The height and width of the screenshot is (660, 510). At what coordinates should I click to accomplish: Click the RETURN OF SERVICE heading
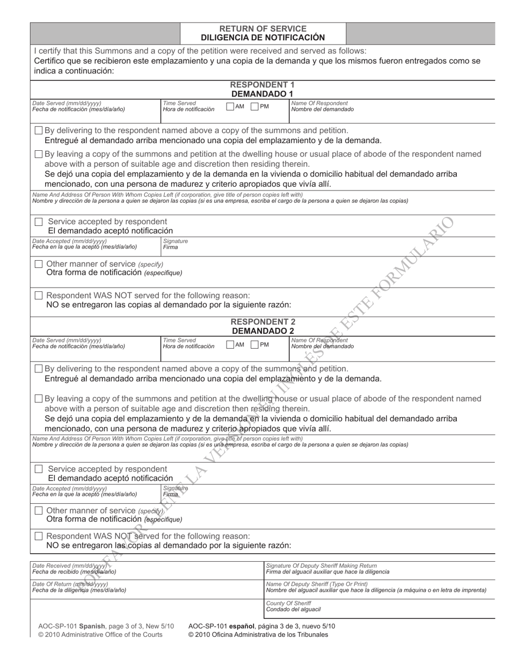coord(263,28)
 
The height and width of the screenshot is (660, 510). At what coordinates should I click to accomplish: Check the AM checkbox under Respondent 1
coord(230,106)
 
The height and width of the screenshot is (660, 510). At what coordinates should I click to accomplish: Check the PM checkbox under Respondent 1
coord(255,106)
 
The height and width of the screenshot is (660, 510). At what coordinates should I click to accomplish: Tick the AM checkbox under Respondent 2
coord(230,344)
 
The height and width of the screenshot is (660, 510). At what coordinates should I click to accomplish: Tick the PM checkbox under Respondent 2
coord(255,344)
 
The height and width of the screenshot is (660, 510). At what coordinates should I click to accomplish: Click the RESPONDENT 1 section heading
coord(263,85)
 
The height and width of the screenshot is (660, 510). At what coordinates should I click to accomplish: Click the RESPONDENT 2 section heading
coord(263,322)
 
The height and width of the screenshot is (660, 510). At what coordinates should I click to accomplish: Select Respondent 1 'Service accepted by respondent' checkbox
coord(39,222)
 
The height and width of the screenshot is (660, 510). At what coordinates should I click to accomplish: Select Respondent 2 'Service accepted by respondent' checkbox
coord(39,469)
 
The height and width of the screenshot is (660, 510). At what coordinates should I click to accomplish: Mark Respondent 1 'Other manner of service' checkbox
coord(39,264)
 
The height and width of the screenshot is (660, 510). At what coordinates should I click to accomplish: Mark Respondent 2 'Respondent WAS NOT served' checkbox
coord(39,536)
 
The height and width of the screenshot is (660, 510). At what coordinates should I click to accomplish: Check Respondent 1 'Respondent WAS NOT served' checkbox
coord(39,296)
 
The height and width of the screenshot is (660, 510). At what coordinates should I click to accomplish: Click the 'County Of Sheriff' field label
coord(288,603)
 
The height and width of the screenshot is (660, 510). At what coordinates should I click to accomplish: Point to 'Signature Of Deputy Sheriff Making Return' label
coord(321,566)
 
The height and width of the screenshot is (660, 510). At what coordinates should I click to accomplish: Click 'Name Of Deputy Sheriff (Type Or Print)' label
coord(317,584)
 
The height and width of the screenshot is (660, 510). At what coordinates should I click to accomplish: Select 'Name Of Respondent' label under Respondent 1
coord(319,103)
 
